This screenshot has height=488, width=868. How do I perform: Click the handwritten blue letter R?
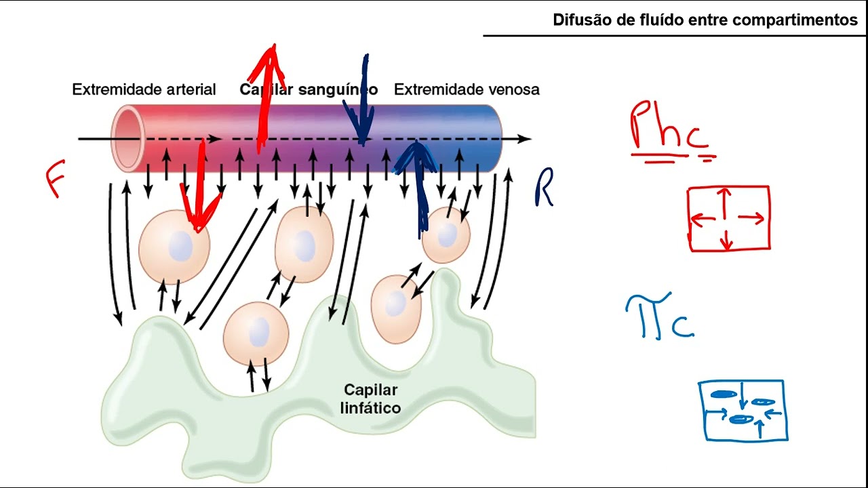pyautogui.click(x=544, y=188)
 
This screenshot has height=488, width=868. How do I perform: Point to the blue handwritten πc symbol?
pyautogui.click(x=658, y=317)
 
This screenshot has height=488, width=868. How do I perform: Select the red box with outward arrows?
pyautogui.click(x=729, y=218)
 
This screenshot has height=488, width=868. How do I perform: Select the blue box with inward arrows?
pyautogui.click(x=743, y=410)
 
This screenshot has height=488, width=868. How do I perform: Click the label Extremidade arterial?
pyautogui.click(x=144, y=89)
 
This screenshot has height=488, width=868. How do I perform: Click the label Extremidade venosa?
pyautogui.click(x=467, y=89)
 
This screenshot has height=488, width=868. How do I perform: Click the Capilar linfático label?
pyautogui.click(x=371, y=399)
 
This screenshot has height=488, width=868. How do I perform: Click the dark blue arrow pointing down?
pyautogui.click(x=363, y=102)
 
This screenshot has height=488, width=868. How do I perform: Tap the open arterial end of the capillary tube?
pyautogui.click(x=127, y=138)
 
